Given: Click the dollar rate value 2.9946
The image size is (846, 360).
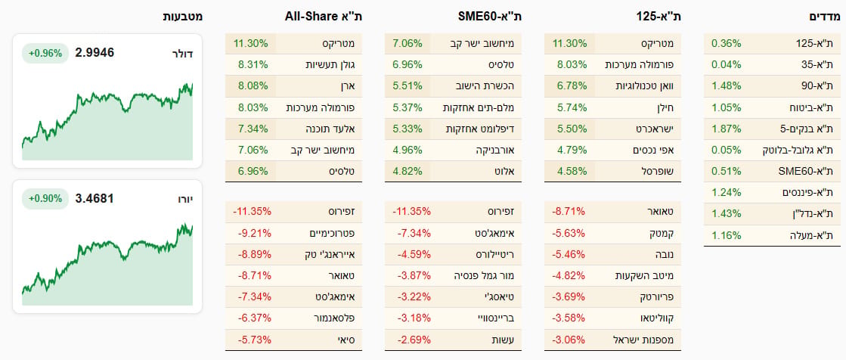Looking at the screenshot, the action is point(96,53).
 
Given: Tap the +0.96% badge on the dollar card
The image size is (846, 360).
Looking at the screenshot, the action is point(45,54).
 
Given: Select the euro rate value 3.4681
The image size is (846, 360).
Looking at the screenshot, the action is point(96,199).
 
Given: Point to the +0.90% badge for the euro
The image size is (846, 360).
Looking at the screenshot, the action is point(45,199).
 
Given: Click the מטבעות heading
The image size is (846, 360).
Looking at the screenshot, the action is point(183,17).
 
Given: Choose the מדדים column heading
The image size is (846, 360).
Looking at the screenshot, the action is point(825,17).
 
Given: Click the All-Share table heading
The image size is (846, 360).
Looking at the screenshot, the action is point(323,17).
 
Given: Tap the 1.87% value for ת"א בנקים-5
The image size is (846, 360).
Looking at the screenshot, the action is point(727,129).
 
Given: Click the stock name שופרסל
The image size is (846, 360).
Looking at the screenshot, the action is point(661,172).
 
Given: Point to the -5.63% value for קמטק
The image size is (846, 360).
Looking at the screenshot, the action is point(569,233).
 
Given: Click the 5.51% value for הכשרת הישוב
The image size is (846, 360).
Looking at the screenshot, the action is point(408,86).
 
